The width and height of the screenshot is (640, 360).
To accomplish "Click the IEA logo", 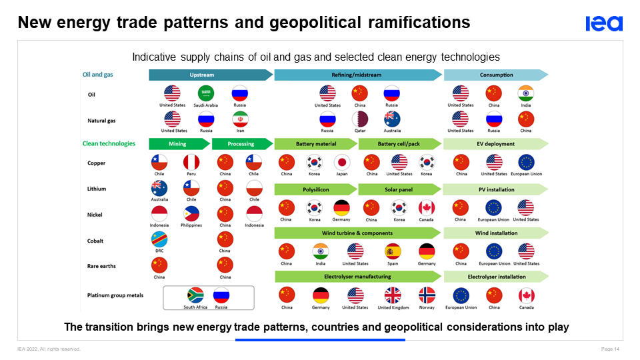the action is click(x=604, y=24).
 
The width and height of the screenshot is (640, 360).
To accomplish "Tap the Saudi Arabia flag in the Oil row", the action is click(x=206, y=93).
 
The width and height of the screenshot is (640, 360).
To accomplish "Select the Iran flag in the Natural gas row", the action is click(x=241, y=119).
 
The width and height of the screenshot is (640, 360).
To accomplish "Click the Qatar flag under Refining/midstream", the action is click(x=360, y=119).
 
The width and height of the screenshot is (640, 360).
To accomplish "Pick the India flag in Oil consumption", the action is click(x=526, y=93).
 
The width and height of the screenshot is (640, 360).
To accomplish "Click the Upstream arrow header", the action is click(x=211, y=75).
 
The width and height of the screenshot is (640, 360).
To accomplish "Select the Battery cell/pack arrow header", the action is click(x=399, y=144).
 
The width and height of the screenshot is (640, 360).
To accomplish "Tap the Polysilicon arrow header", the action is click(x=316, y=189).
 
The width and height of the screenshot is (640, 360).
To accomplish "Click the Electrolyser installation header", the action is click(x=496, y=277).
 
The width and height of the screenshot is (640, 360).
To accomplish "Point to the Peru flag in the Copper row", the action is click(x=191, y=162).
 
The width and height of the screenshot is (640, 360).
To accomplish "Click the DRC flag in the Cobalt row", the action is click(x=159, y=239).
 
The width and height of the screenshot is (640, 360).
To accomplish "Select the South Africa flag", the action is click(x=195, y=295).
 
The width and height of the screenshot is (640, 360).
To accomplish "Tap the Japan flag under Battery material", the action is click(x=342, y=162).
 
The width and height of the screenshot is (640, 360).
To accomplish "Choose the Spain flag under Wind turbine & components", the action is click(x=393, y=251).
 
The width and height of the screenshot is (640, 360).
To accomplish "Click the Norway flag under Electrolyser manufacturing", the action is click(x=427, y=295).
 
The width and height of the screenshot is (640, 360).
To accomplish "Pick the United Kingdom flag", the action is click(x=393, y=295).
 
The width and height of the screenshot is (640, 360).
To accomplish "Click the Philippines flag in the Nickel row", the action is click(x=191, y=214).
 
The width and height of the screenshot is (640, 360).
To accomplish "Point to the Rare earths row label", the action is click(x=101, y=266).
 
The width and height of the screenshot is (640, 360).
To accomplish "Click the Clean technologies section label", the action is click(x=109, y=144).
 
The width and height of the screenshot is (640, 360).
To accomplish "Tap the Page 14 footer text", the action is click(x=610, y=349).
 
